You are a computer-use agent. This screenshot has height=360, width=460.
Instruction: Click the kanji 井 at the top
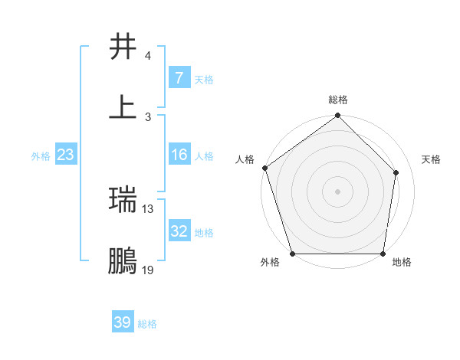123,47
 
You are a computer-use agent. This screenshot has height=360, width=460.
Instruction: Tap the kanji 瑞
123,200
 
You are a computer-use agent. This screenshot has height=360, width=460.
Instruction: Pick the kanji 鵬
123,261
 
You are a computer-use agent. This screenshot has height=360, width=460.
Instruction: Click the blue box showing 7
179,78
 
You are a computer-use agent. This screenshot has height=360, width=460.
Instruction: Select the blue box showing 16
179,155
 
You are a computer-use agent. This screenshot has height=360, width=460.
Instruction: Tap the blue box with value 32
179,231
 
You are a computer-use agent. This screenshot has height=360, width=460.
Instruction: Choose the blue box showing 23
65,155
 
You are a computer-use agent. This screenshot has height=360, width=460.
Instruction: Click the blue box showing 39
123,322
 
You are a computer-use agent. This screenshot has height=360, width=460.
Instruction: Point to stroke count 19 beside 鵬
148,270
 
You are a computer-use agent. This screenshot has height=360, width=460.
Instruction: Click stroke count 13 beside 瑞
148,208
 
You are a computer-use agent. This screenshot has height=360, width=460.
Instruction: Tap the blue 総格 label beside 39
147,324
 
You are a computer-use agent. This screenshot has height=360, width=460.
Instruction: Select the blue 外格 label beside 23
41,156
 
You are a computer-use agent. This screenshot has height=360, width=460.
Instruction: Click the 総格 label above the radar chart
338,100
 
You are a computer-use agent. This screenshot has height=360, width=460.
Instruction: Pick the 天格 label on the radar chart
432,159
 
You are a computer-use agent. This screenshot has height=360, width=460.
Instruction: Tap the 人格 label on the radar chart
245,159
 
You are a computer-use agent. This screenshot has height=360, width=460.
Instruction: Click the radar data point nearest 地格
383,254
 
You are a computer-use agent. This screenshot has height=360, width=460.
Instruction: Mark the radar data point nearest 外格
293,254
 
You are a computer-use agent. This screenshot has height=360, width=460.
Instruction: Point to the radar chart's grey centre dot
338,191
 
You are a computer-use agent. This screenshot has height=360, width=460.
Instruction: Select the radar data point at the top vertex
338,116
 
